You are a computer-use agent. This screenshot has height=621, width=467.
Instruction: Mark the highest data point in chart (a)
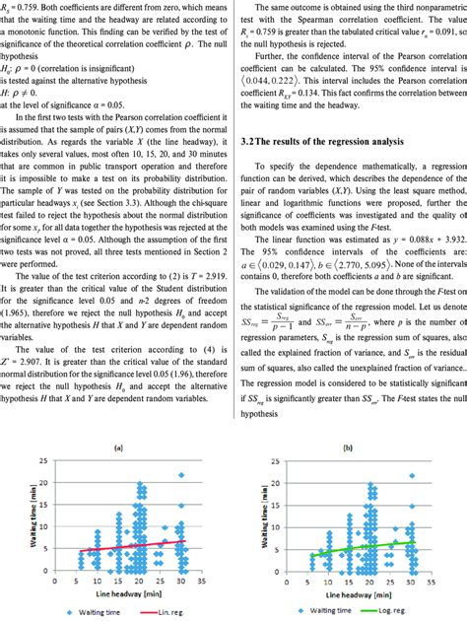coord(181,475)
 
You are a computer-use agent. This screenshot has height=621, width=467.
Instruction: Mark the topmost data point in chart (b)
coord(413,475)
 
